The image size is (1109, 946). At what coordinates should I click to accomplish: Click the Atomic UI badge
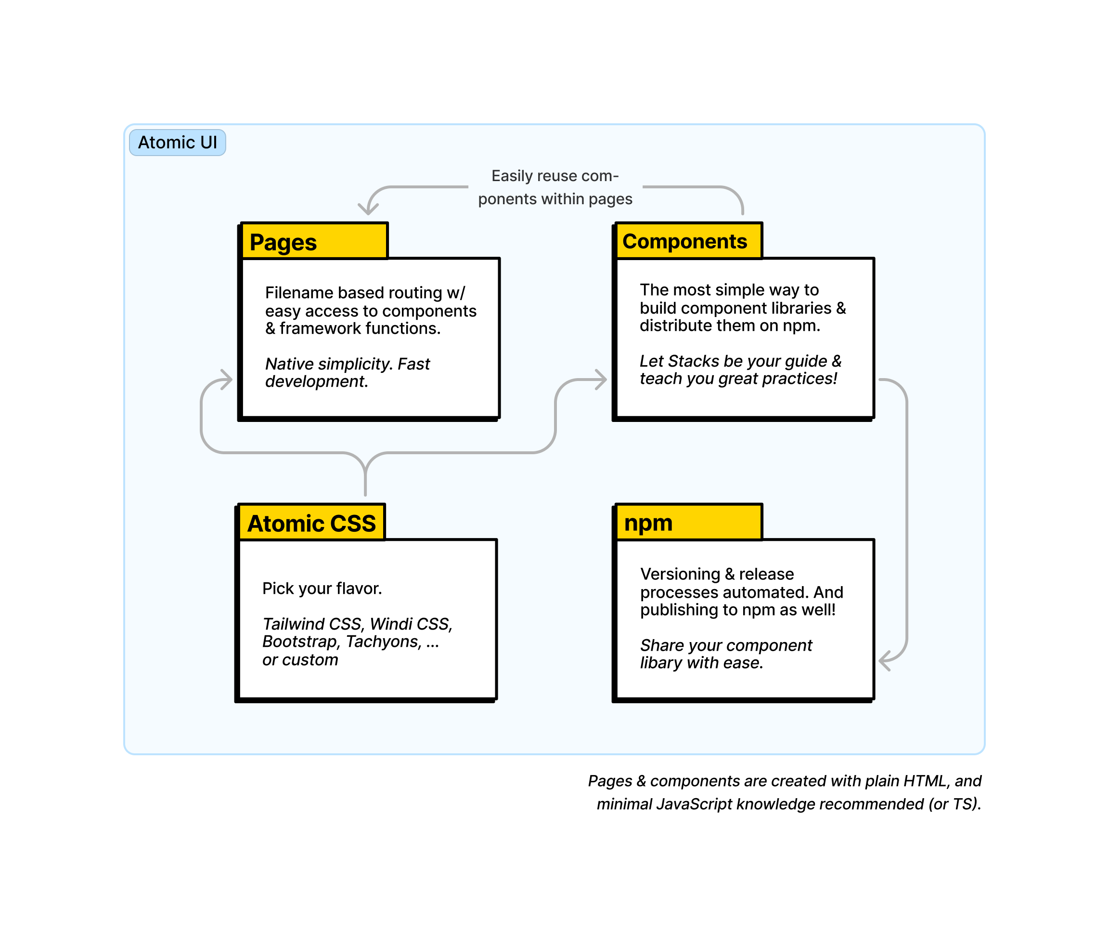coord(177,143)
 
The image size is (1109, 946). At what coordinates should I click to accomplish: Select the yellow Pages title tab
coord(315,241)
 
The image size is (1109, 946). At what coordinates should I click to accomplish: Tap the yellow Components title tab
coord(689,241)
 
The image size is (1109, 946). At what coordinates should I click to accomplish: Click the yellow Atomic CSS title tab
coord(311,522)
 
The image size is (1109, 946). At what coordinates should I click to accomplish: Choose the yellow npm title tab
coord(689,522)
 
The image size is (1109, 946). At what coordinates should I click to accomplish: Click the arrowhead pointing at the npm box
coord(885,660)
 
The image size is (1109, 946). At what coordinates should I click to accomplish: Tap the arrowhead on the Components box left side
coord(601,379)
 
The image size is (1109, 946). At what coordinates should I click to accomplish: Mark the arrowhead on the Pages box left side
coord(226,379)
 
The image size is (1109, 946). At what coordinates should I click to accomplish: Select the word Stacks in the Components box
coord(693,361)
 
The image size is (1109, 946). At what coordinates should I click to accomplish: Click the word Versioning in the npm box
coord(680,574)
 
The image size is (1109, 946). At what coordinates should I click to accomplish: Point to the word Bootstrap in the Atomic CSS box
coord(300,642)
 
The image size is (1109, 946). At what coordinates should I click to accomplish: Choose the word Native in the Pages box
coord(290,364)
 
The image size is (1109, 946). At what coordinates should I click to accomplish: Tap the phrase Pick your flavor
coord(322,589)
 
